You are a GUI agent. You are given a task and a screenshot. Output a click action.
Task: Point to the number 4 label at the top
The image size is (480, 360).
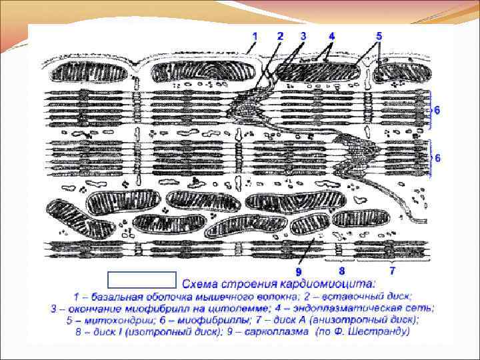click(331, 35)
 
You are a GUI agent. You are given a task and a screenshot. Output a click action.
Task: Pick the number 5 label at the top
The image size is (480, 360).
click(379, 35)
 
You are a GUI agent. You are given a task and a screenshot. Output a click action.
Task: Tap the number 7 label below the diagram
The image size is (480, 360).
click(392, 271)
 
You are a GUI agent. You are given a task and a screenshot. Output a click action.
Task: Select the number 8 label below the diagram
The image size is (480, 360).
click(341, 271)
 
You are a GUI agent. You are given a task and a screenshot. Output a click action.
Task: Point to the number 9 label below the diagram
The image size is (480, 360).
click(299, 272)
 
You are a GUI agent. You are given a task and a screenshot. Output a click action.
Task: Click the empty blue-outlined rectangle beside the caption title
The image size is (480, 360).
click(141, 279)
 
